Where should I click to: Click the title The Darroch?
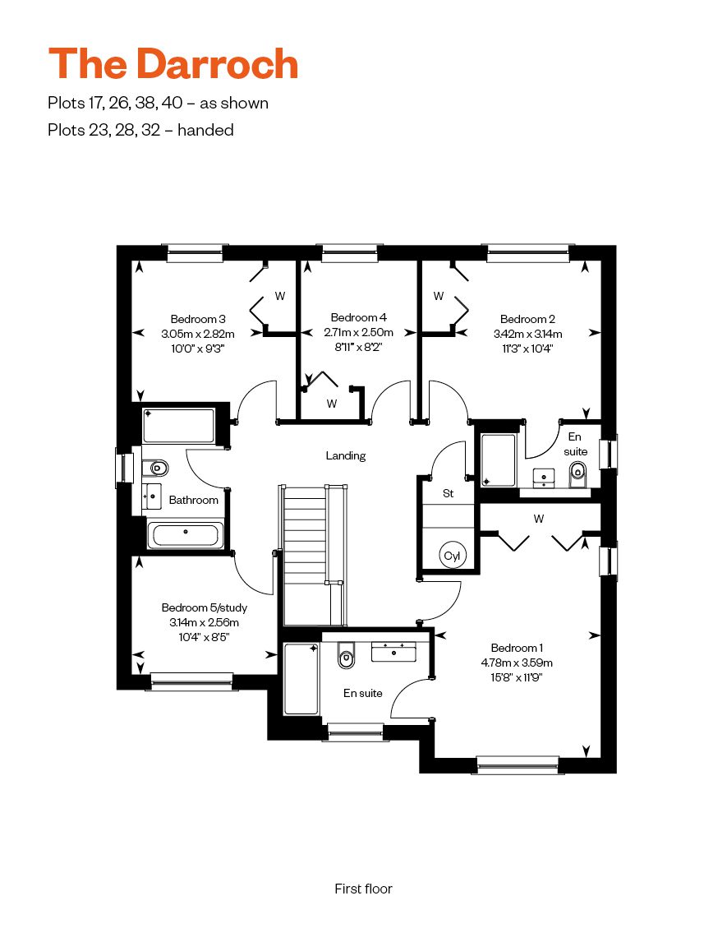[x=173, y=63]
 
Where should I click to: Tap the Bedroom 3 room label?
[x=197, y=319]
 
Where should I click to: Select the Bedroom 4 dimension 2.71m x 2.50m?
[x=358, y=332]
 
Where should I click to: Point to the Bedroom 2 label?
[x=527, y=319]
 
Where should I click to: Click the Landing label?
[x=345, y=456]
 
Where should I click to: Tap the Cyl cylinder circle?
[x=452, y=556]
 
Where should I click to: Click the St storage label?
[x=448, y=493]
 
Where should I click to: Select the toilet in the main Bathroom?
[x=155, y=468]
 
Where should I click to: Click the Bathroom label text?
[x=193, y=500]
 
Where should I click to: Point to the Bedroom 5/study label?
[x=204, y=607]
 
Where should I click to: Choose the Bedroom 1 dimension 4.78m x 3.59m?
[x=516, y=663]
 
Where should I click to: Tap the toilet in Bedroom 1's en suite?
[x=347, y=655]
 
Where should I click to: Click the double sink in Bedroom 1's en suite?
[x=393, y=652]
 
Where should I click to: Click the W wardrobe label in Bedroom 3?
[x=280, y=296]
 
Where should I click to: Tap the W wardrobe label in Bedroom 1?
[x=539, y=519]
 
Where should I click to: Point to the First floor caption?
[x=363, y=889]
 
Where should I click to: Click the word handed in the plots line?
[x=205, y=130]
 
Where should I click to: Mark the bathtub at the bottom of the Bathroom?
[x=186, y=534]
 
